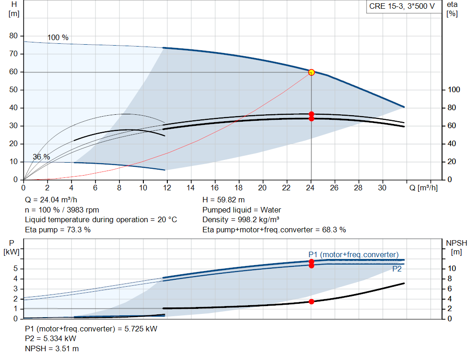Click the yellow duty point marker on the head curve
pyautogui.click(x=311, y=72)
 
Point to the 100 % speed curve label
pyautogui.click(x=58, y=37)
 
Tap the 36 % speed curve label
pyautogui.click(x=41, y=157)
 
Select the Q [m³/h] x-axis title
pyautogui.click(x=424, y=188)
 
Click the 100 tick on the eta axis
pyautogui.click(x=454, y=90)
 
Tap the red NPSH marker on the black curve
pyautogui.click(x=312, y=301)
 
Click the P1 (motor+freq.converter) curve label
pyautogui.click(x=353, y=254)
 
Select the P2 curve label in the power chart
pyautogui.click(x=397, y=269)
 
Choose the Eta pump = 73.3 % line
pyautogui.click(x=58, y=230)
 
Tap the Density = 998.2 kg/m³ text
pyautogui.click(x=241, y=219)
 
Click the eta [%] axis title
pyautogui.click(x=452, y=9)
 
